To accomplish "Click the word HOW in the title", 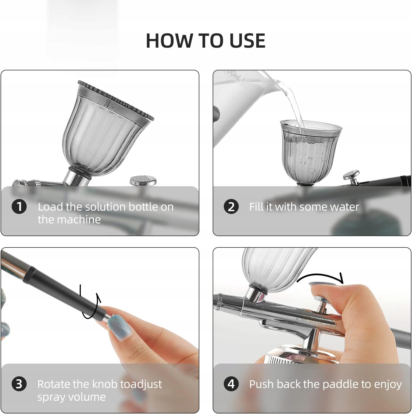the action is (x=169, y=41).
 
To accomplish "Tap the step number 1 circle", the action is (x=19, y=207).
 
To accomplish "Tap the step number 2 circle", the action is (x=231, y=207).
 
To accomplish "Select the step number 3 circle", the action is (x=19, y=384).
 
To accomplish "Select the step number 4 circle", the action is (x=231, y=384).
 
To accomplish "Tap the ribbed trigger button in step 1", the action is (x=143, y=181).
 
